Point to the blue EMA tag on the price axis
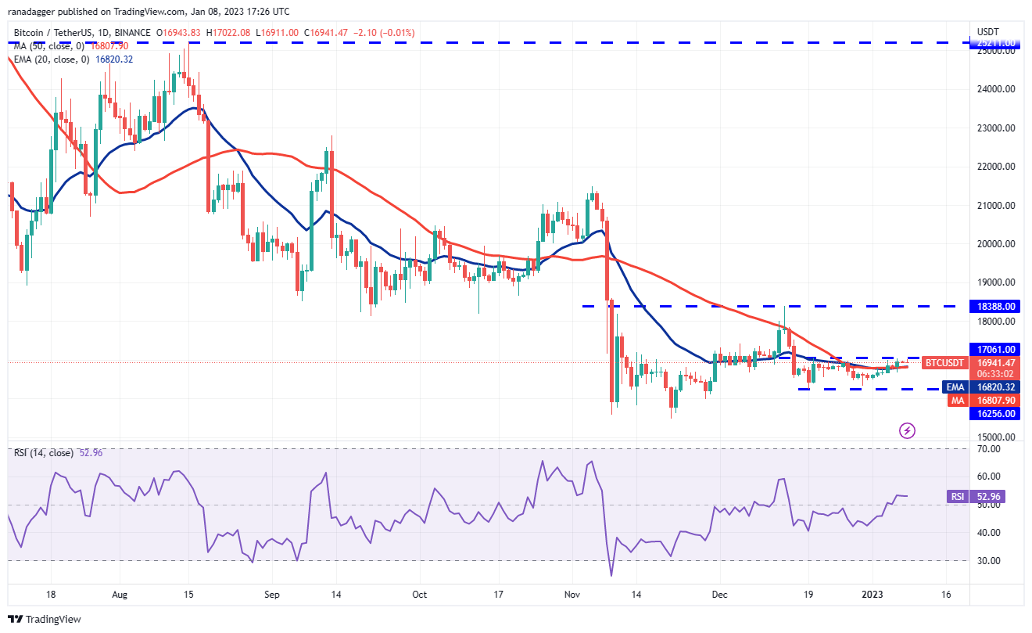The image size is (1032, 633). pos(955,387)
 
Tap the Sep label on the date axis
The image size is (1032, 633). pos(271,594)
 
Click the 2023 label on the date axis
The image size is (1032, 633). pos(874,594)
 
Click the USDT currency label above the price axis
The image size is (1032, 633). pos(987,31)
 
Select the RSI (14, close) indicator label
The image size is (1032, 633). pos(42,453)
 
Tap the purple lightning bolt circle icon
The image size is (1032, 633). pos(907,430)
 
